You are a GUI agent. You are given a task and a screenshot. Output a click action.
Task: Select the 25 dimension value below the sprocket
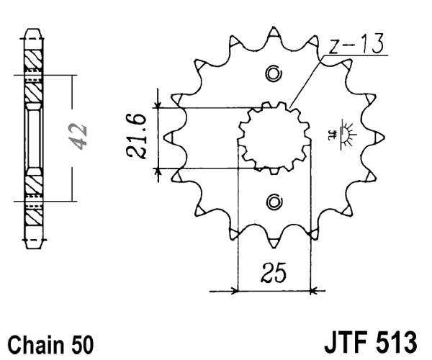tap(274, 273)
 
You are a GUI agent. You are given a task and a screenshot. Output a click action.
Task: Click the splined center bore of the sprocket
tap(274, 137)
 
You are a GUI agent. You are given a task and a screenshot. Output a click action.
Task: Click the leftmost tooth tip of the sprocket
tap(167, 137)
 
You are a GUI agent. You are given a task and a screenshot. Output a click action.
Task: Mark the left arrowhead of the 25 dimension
tap(233, 292)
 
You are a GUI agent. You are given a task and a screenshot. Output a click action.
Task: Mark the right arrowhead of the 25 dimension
tap(314, 292)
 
